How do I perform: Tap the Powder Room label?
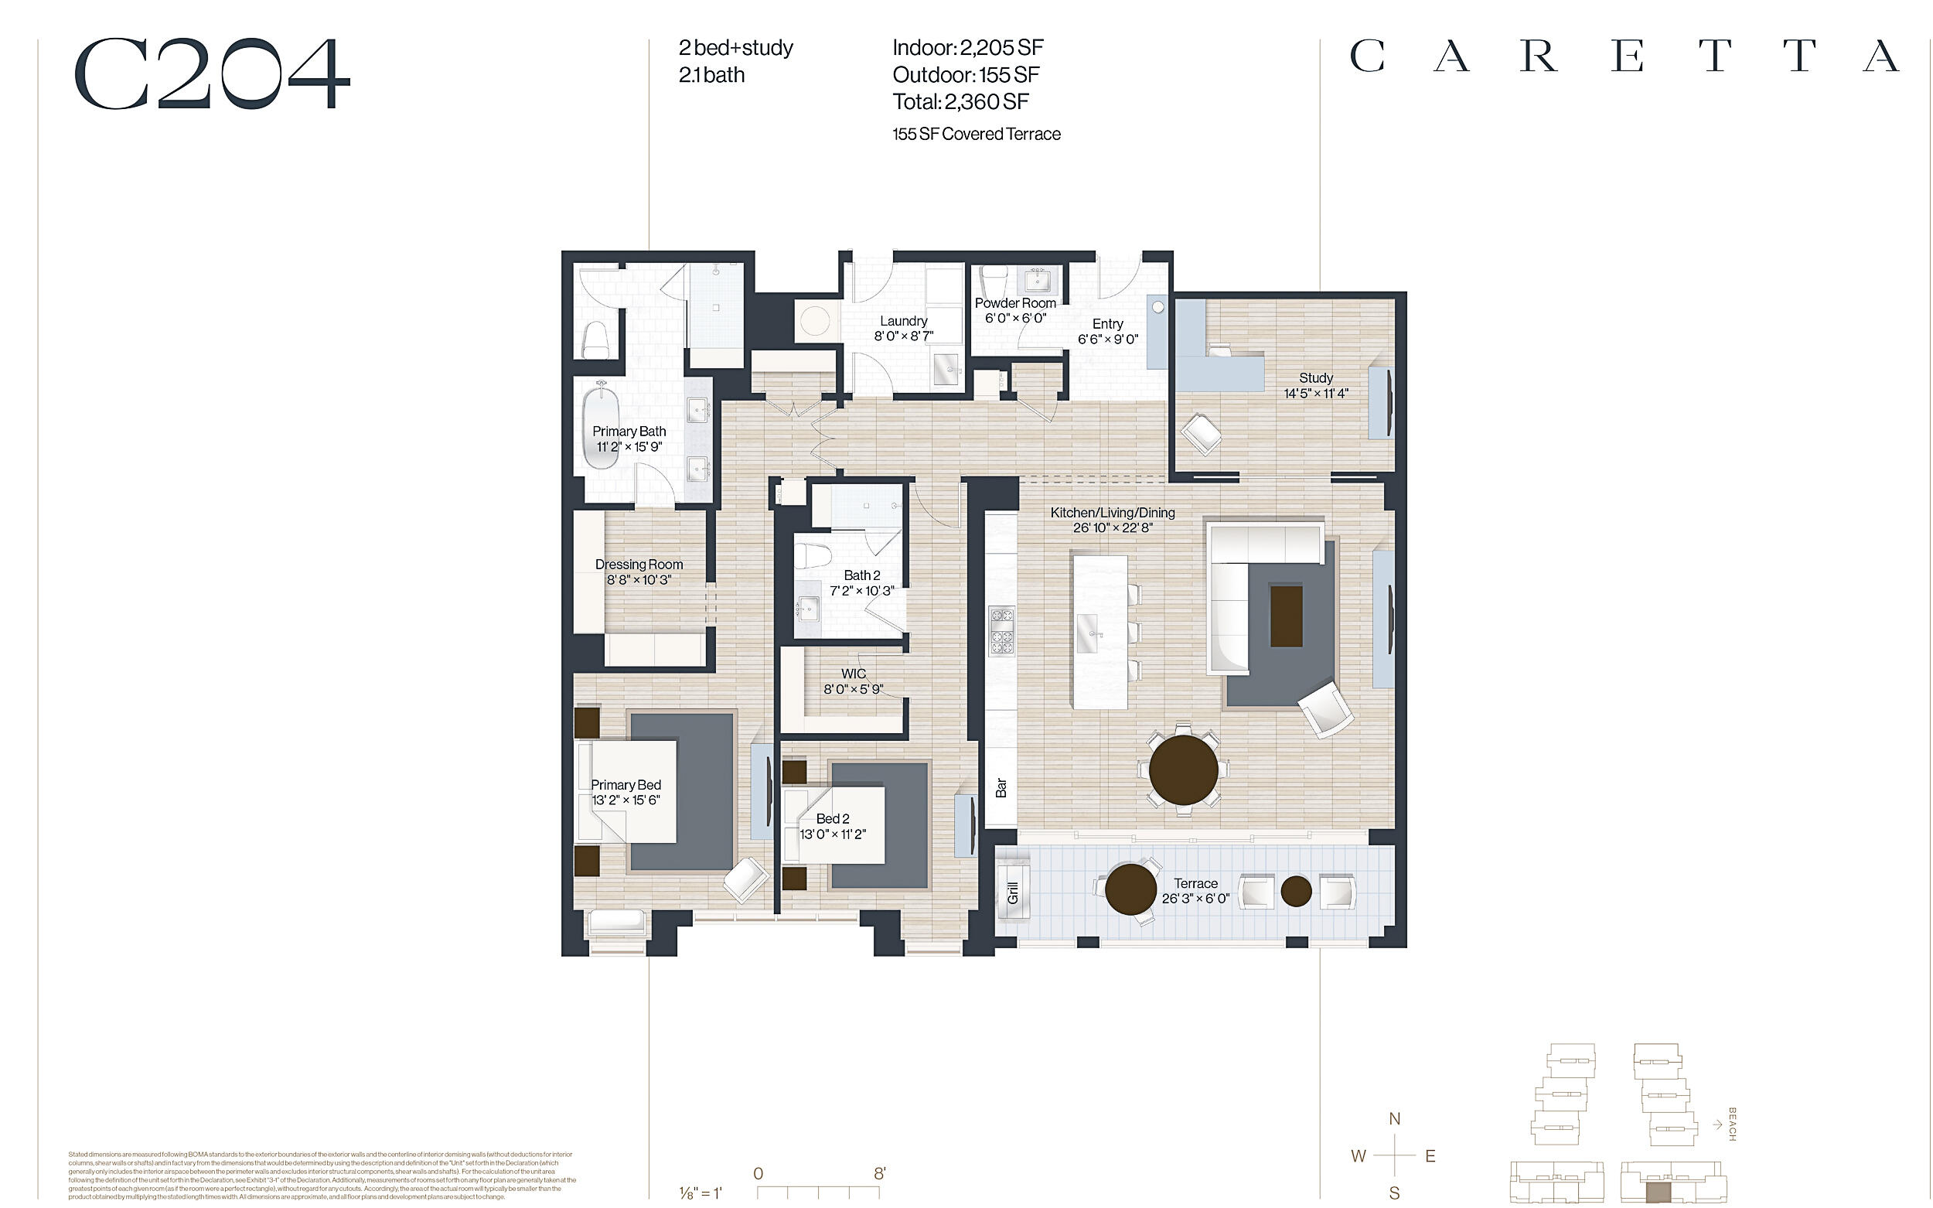tap(1014, 303)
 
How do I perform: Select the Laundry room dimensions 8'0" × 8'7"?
tap(903, 336)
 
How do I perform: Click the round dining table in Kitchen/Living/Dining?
tap(1183, 770)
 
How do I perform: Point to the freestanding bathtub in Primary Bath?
tap(600, 428)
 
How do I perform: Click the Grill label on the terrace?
tap(1013, 893)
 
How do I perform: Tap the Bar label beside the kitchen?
tap(1001, 788)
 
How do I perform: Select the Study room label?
tap(1315, 378)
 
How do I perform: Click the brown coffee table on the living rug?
tap(1286, 616)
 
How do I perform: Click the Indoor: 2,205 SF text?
tap(967, 48)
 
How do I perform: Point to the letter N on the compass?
tap(1394, 1118)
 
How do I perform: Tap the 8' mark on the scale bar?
tap(878, 1174)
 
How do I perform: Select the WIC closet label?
tap(853, 674)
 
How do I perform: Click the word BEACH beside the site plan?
tap(1732, 1124)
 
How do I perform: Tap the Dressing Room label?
tap(638, 564)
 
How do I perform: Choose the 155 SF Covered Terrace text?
tap(976, 135)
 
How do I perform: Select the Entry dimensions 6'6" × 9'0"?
tap(1107, 339)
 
